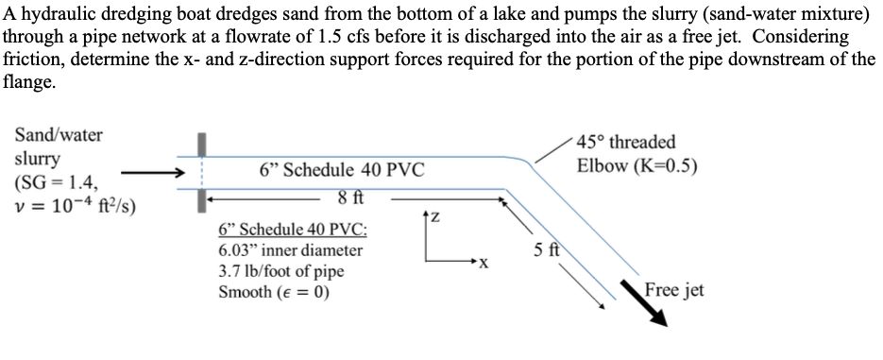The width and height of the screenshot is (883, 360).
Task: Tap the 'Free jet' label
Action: [x=673, y=289]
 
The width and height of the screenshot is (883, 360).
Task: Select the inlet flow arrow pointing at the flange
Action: [x=151, y=173]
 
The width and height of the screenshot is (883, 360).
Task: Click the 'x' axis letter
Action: [x=483, y=262]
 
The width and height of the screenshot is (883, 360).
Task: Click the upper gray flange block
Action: [x=200, y=146]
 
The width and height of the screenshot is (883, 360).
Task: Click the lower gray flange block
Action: [x=200, y=199]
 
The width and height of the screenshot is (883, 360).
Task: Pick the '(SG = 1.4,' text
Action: [x=54, y=181]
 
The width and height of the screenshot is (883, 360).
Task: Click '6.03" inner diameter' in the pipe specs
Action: [x=289, y=250]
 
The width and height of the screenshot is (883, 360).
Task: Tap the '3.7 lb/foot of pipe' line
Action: [x=280, y=271]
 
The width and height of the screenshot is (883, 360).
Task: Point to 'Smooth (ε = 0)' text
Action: [x=274, y=291]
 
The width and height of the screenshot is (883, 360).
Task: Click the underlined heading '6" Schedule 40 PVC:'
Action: [x=293, y=230]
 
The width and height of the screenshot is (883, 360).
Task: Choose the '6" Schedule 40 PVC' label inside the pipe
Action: [x=342, y=170]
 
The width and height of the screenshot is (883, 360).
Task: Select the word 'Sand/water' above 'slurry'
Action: [x=59, y=135]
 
